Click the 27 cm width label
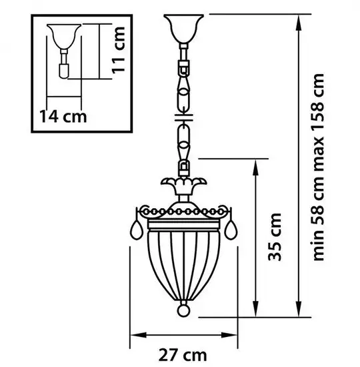[183, 355]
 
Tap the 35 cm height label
[275, 237]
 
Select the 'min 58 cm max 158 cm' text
[319, 167]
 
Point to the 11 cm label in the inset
[118, 50]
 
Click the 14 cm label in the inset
[63, 116]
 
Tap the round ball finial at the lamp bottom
[183, 310]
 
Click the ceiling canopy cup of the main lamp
[183, 29]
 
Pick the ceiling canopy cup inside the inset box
[64, 36]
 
